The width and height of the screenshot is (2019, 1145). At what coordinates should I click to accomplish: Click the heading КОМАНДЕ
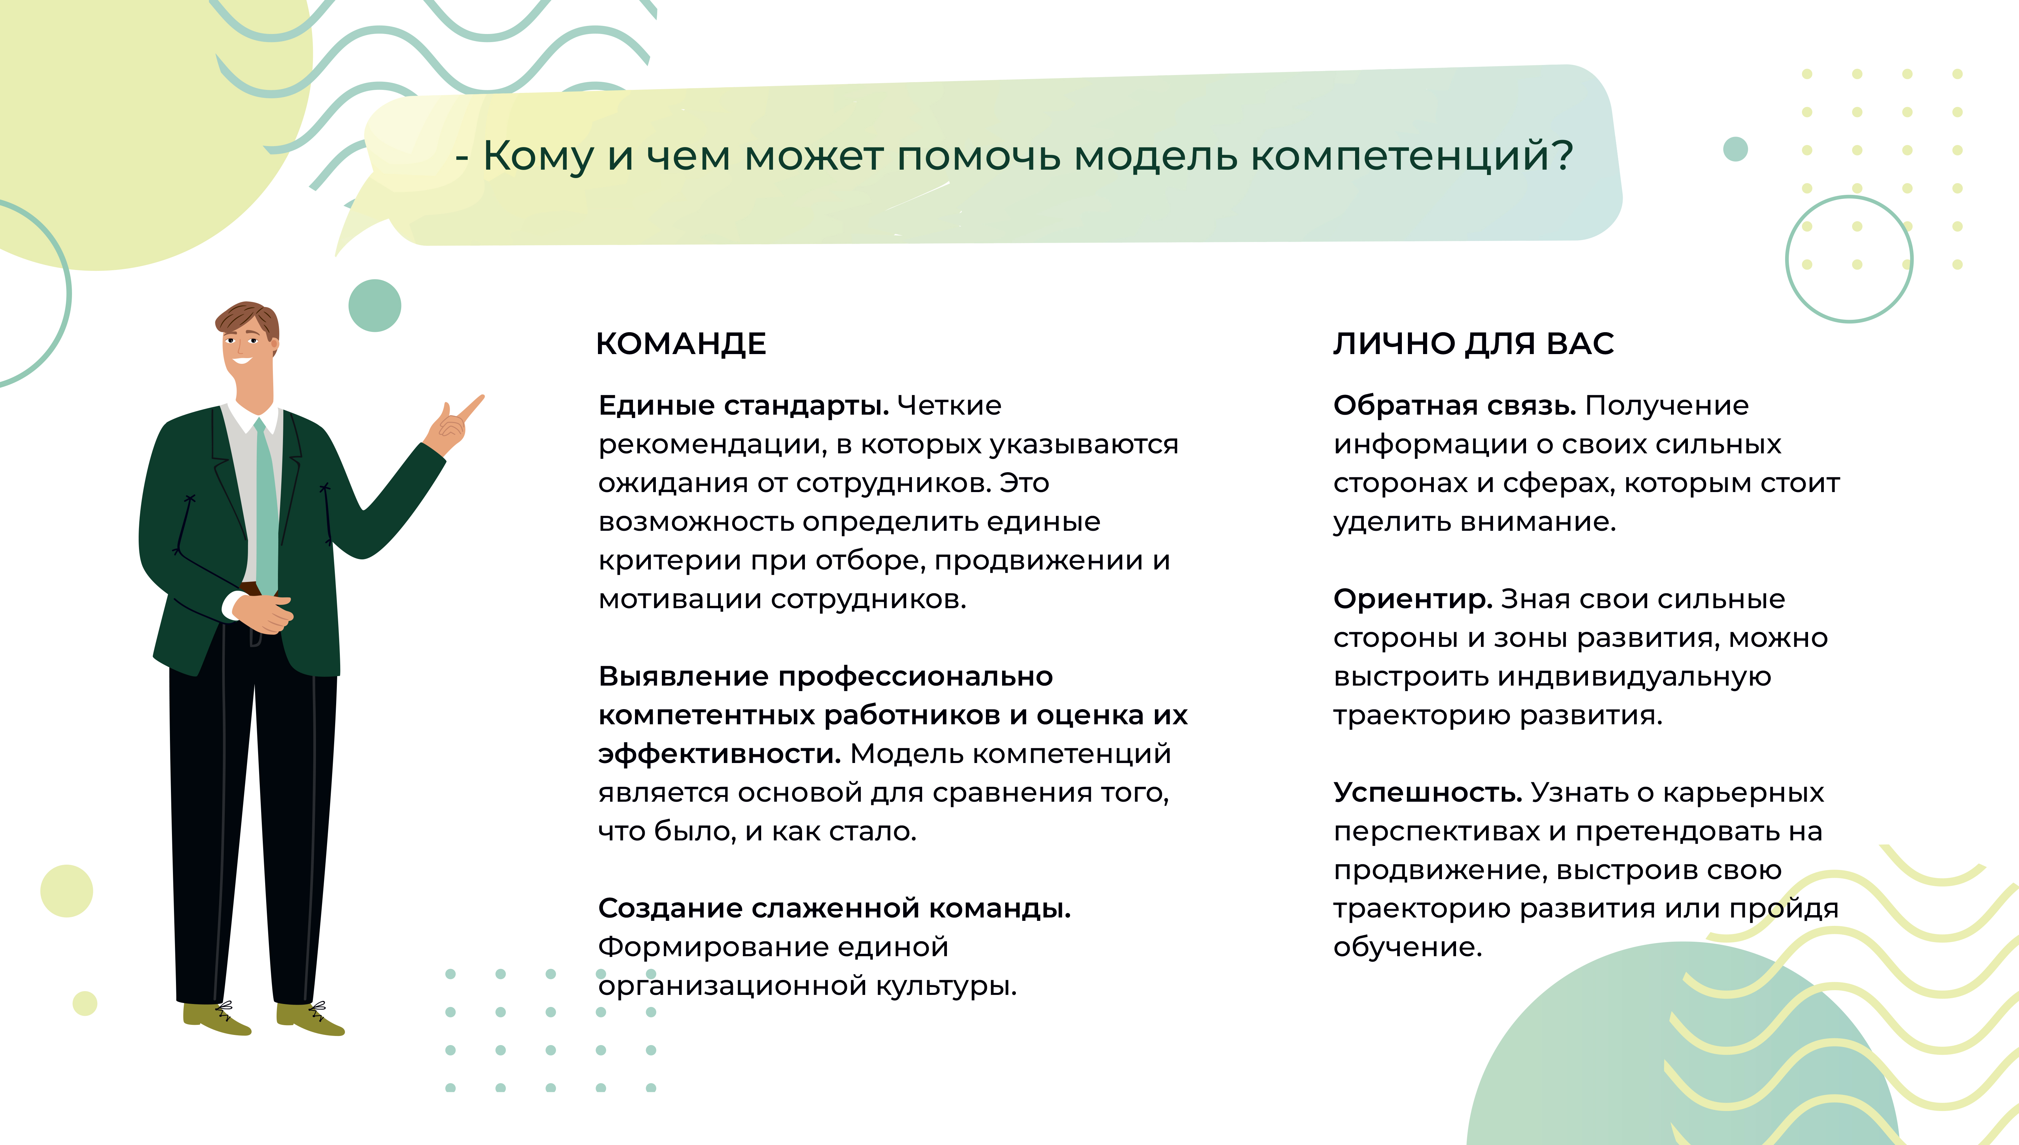pos(681,344)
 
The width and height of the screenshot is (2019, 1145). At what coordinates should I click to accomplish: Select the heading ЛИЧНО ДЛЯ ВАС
pos(1474,344)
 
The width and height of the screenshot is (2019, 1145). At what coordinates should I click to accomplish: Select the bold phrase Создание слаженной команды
pos(834,908)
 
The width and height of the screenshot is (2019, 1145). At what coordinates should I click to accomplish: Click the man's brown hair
pos(247,318)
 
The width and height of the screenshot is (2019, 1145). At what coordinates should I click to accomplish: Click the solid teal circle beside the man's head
pos(374,305)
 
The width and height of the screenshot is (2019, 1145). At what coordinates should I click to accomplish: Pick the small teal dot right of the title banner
pos(1735,149)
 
